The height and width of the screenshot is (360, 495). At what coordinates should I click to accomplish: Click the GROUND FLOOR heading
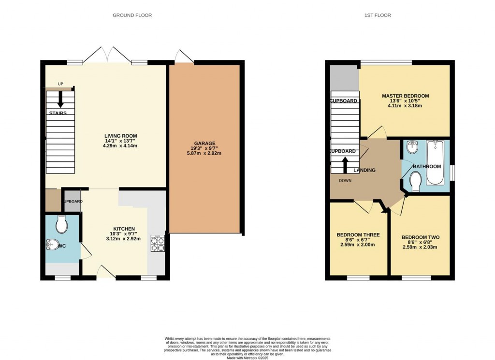tap(132, 15)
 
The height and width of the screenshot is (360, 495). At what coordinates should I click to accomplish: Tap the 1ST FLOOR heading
tap(377, 15)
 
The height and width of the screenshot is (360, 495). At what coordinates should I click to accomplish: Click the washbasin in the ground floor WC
tap(52, 245)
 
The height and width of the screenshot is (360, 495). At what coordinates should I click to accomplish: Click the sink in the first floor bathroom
tap(411, 147)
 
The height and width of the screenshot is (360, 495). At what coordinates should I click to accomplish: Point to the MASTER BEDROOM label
tap(405, 96)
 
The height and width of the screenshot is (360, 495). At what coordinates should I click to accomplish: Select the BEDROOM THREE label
tap(358, 235)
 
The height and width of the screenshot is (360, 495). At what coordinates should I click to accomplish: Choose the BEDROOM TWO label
tap(420, 237)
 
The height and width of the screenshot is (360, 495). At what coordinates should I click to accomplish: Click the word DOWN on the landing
tap(345, 181)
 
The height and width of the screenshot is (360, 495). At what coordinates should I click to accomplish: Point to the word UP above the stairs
tap(60, 84)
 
